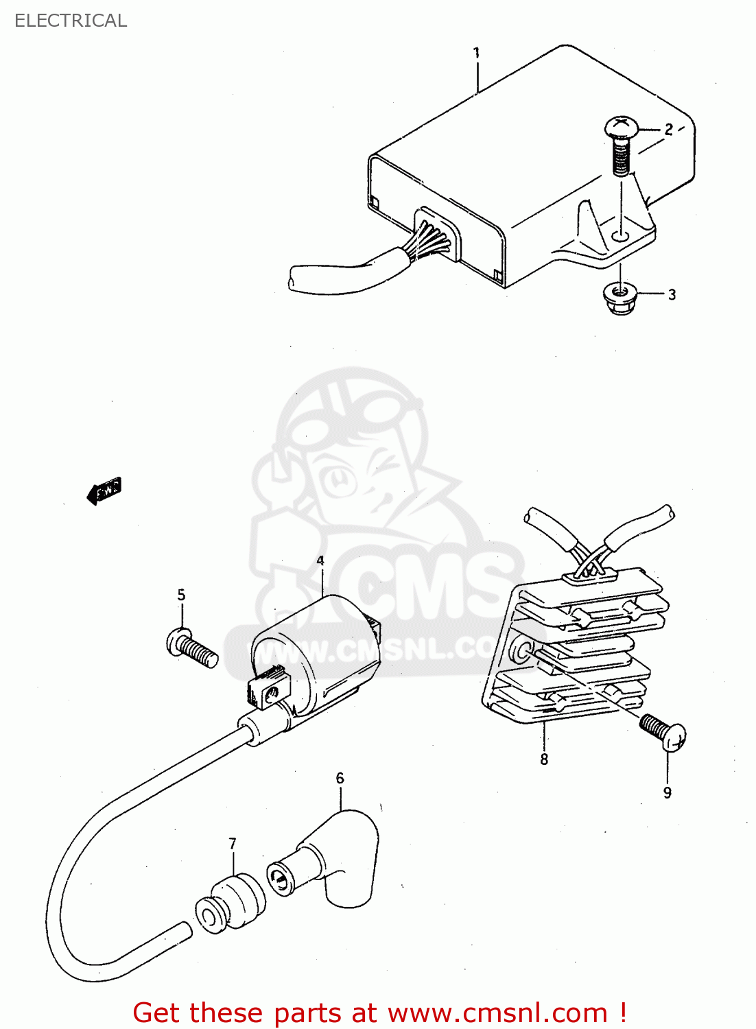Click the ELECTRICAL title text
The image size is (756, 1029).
(x=71, y=21)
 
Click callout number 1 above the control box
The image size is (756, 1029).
(x=476, y=53)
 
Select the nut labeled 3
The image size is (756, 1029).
(x=619, y=298)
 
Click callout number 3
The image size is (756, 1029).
(x=672, y=294)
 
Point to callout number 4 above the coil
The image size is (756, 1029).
(x=320, y=560)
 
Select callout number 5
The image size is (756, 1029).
(x=181, y=595)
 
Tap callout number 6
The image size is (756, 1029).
(x=340, y=778)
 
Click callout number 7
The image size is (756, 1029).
(x=233, y=843)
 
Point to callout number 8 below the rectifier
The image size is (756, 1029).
(x=544, y=759)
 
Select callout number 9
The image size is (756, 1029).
(x=667, y=793)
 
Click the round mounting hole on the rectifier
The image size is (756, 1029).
(x=523, y=649)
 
